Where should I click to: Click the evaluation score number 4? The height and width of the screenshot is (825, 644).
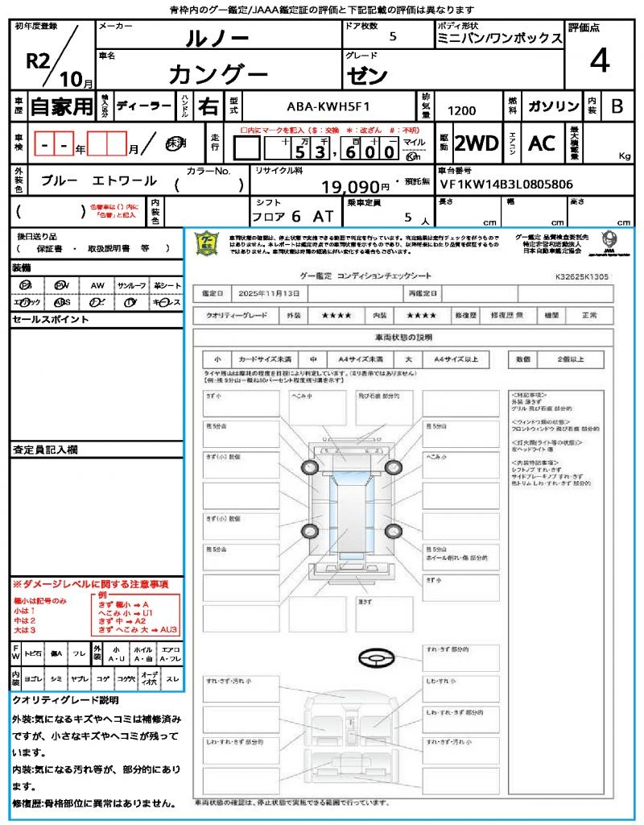[x=599, y=61]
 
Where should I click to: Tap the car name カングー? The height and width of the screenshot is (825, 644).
[x=218, y=74]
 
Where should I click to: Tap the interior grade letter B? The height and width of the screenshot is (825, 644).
[x=616, y=106]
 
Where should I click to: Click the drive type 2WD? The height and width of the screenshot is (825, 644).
[x=477, y=143]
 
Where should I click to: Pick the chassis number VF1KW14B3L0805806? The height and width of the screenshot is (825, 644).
[x=506, y=184]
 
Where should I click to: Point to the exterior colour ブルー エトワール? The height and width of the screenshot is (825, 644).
[x=98, y=181]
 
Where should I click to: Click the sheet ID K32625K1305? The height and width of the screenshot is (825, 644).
[x=582, y=276]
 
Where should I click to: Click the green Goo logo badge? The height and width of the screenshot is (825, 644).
[x=208, y=244]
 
